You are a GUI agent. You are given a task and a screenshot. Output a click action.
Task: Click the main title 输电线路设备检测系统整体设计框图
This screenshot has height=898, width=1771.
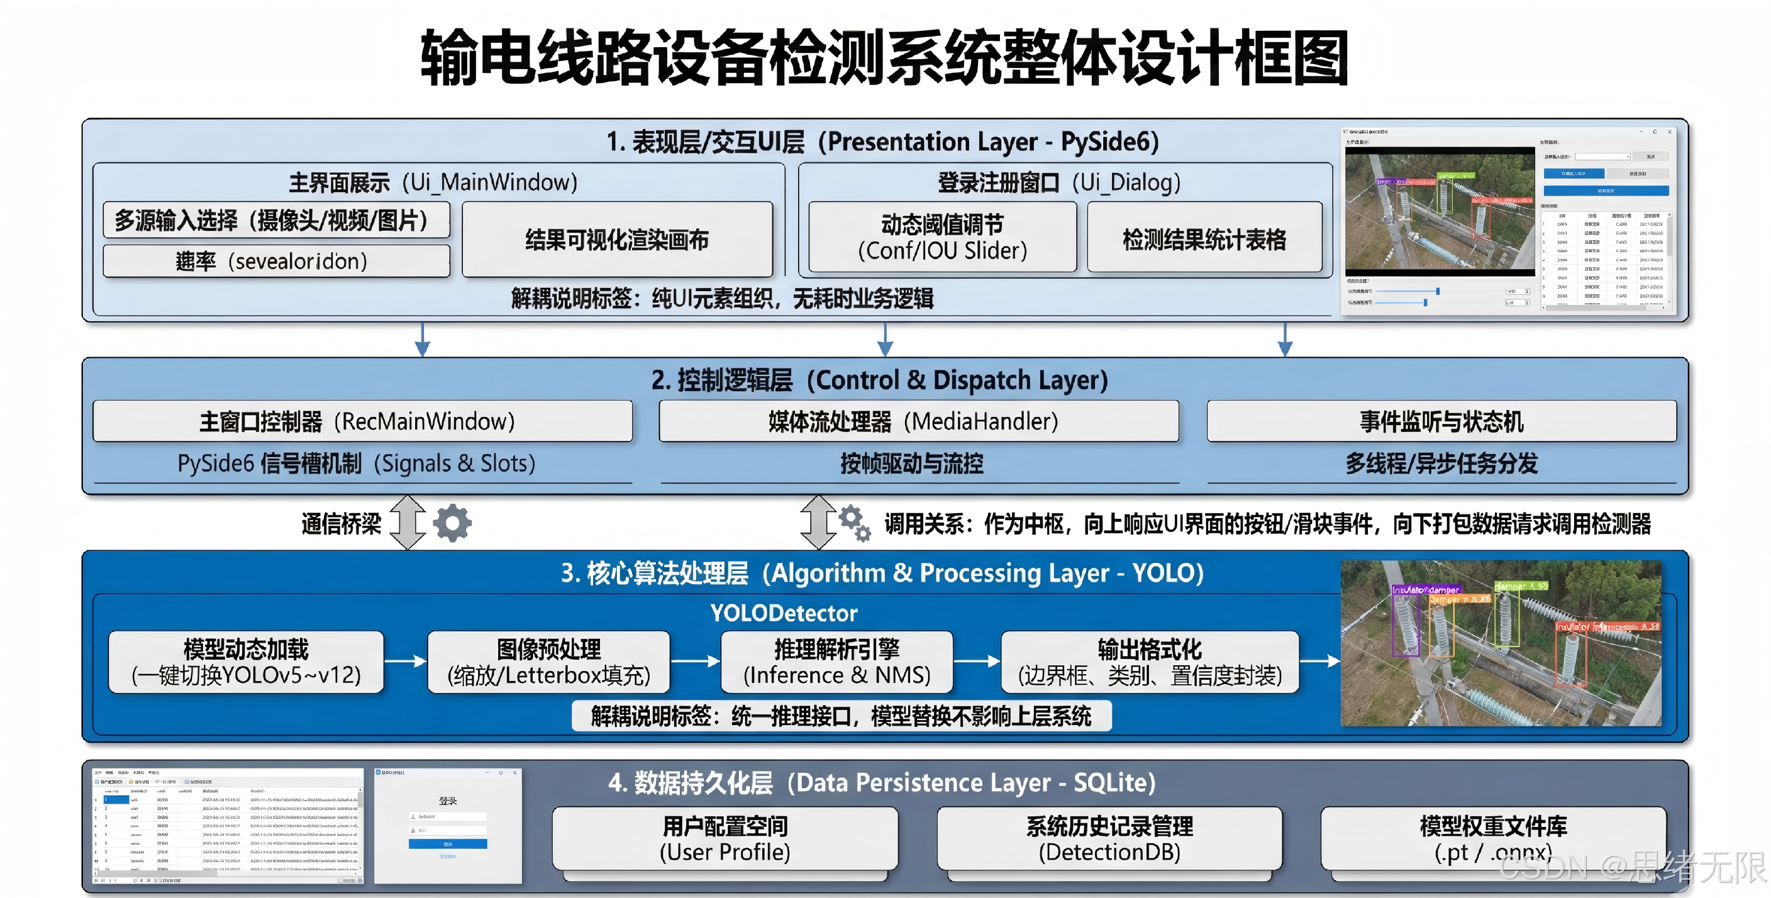pos(884,58)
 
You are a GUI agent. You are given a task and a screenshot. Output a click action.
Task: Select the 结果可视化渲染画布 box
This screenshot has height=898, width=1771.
pos(617,240)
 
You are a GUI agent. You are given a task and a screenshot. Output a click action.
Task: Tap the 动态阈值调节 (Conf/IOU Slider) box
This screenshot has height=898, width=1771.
pos(942,237)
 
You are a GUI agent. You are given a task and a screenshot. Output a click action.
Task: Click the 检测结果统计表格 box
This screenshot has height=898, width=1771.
pos(1204,238)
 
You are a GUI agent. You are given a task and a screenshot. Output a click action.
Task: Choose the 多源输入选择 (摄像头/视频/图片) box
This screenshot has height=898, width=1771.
pos(276,220)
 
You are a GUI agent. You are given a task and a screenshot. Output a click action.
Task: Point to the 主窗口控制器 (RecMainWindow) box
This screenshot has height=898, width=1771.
pos(362,421)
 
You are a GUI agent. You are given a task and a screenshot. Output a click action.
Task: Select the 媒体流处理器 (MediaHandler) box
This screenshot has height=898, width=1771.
pos(918,421)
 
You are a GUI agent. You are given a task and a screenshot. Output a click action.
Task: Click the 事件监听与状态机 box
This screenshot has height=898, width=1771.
pos(1441,421)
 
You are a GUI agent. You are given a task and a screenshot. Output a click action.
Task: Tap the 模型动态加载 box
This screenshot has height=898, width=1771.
pos(246,662)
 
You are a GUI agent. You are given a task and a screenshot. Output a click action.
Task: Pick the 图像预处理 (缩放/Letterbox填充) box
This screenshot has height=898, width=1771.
pos(548,662)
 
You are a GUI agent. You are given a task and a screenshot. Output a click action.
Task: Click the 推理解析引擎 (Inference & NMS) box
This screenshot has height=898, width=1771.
pos(836,662)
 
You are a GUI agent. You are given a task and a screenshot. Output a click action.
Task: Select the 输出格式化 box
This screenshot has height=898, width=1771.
pos(1150,662)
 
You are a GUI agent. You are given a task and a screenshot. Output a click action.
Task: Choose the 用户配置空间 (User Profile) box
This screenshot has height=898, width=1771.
pos(724,838)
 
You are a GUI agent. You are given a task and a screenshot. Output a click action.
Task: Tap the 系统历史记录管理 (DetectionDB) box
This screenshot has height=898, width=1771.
pos(1109,838)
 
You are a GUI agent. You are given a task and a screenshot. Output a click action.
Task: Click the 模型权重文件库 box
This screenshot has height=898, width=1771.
pos(1492,838)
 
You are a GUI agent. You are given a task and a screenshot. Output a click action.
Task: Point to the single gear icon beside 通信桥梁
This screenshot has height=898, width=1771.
pos(452,523)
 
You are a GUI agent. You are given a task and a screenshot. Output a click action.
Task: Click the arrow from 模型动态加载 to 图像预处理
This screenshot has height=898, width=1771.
pos(406,662)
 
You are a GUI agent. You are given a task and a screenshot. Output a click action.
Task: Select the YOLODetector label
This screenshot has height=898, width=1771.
pos(784,613)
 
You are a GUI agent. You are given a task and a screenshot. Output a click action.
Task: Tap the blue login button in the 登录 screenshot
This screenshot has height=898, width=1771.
pos(448,844)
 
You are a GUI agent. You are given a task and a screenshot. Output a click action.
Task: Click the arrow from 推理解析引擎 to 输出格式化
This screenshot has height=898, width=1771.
pos(977,662)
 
